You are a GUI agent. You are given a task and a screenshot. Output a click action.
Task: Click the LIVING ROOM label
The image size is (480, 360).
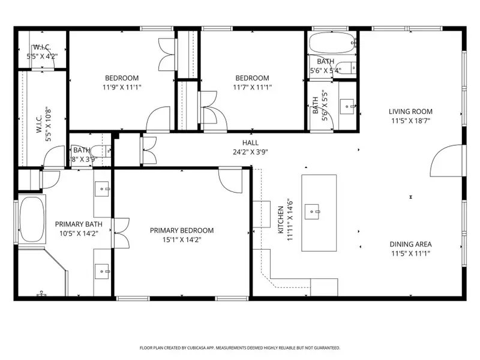click(x=410, y=112)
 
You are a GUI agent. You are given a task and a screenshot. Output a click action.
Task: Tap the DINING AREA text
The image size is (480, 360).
click(x=410, y=244)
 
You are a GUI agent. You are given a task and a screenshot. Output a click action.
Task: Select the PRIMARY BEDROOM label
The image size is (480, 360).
click(x=182, y=230)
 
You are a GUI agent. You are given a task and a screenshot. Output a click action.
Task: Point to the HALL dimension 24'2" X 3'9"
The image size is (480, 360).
click(x=250, y=152)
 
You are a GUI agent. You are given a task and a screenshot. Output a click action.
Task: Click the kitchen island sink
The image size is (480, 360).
click(x=313, y=211)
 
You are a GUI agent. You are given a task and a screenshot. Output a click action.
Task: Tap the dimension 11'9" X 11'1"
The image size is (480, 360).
click(x=122, y=87)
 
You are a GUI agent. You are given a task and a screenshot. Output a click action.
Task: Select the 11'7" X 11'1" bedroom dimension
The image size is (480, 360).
click(x=252, y=87)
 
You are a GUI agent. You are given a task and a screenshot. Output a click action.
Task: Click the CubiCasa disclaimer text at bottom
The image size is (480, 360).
click(x=240, y=347)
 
